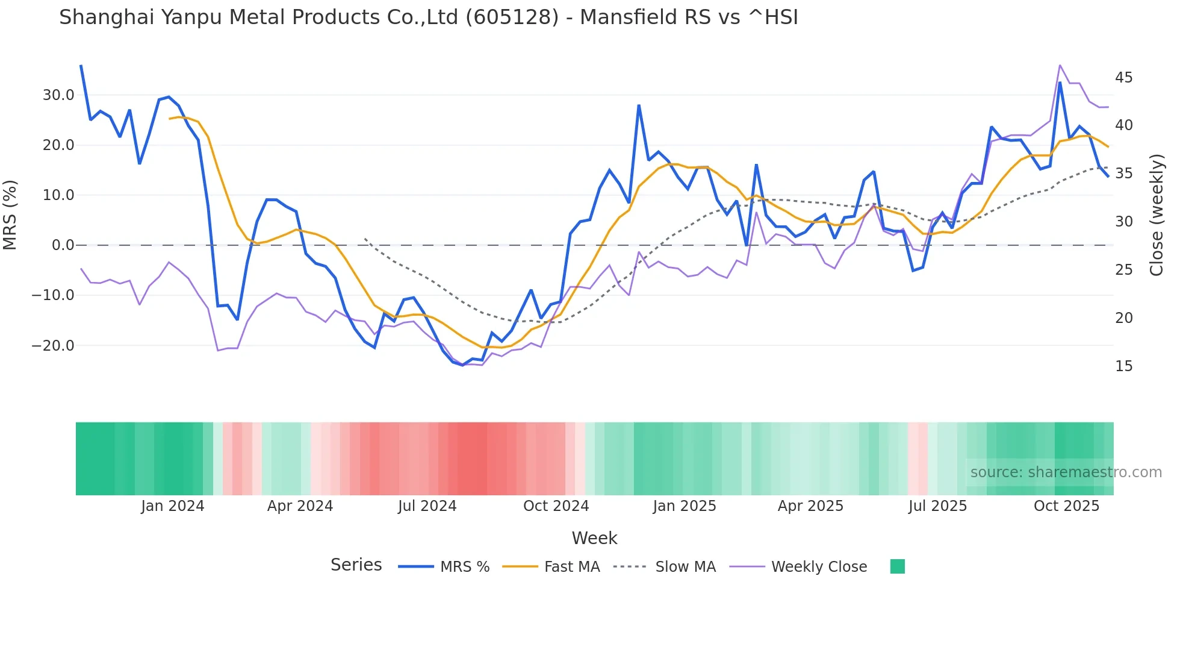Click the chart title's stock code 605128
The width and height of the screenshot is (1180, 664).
[x=512, y=17]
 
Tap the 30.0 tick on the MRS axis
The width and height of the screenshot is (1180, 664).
[x=58, y=95]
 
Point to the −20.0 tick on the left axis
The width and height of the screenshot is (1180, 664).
[x=53, y=346]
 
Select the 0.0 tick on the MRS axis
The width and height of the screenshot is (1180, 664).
[x=63, y=245]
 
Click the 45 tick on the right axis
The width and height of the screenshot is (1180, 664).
[x=1123, y=78]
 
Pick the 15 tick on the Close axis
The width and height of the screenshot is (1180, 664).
[x=1123, y=366]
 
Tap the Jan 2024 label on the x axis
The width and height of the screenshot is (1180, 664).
[x=173, y=506]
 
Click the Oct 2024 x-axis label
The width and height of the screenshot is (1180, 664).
[x=556, y=506]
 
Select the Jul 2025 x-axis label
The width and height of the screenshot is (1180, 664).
[x=937, y=506]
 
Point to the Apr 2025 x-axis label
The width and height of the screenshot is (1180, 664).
[x=810, y=506]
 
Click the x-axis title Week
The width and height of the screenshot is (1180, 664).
[x=594, y=538]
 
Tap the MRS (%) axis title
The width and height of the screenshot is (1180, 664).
[x=10, y=215]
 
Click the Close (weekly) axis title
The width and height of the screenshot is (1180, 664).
[x=1157, y=215]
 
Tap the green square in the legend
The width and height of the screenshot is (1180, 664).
[x=897, y=566]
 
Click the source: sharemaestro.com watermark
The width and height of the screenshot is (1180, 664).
[x=1066, y=472]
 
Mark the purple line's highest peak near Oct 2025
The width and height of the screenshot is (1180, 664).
[x=1060, y=65]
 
